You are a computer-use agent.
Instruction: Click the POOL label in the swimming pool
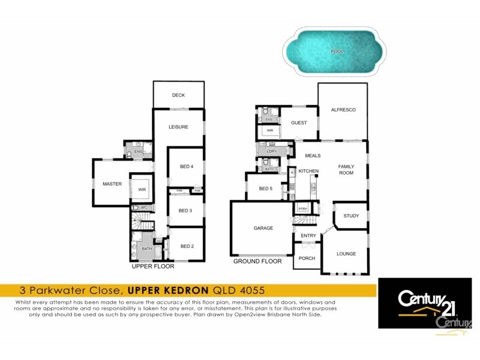(337, 52)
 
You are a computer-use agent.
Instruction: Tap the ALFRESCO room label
(343, 110)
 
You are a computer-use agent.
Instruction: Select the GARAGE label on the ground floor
(263, 228)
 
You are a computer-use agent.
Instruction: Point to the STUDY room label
(351, 216)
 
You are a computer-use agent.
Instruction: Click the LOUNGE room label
(346, 254)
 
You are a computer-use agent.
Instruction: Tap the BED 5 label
(266, 188)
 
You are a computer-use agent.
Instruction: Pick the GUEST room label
(299, 123)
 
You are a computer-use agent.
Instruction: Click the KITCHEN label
(308, 172)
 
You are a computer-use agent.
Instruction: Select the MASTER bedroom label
(112, 184)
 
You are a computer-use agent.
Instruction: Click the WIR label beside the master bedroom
(142, 190)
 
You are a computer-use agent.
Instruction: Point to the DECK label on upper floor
(178, 95)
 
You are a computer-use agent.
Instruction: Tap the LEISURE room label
(178, 127)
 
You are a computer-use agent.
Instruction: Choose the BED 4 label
(187, 167)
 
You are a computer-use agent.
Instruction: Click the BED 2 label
(187, 246)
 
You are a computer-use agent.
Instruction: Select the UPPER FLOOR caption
(152, 266)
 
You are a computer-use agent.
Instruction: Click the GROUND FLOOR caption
(257, 262)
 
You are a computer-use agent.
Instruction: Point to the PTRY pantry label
(302, 209)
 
